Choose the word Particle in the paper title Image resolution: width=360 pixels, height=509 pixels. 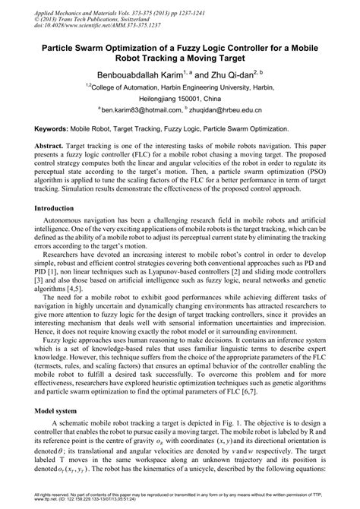click(x=62, y=48)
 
